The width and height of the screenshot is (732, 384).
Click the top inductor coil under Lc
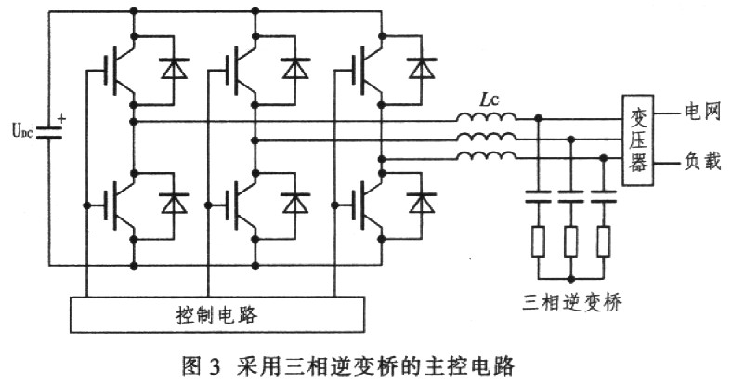pyautogui.click(x=486, y=117)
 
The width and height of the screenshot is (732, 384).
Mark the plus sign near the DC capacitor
pyautogui.click(x=62, y=119)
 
